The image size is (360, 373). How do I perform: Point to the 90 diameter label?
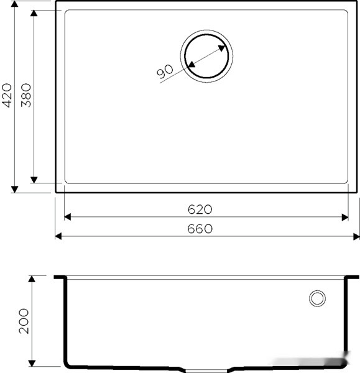click(x=165, y=71)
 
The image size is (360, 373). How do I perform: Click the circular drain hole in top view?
click(x=208, y=57)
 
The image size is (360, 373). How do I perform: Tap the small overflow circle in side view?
click(x=317, y=298)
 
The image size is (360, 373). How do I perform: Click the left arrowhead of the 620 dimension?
click(x=68, y=217)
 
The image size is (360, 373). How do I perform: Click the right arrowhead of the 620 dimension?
click(x=344, y=217)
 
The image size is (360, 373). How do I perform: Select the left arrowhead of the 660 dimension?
click(x=58, y=236)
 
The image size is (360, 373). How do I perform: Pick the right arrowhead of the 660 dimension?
click(x=356, y=236)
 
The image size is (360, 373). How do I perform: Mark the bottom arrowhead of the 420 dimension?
click(x=14, y=188)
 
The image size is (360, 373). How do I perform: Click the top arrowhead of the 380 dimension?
click(x=35, y=14)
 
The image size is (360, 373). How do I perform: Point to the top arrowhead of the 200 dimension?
click(x=35, y=280)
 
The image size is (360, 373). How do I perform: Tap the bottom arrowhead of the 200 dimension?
click(x=35, y=364)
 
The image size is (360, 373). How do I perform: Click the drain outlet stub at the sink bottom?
click(x=208, y=369)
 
